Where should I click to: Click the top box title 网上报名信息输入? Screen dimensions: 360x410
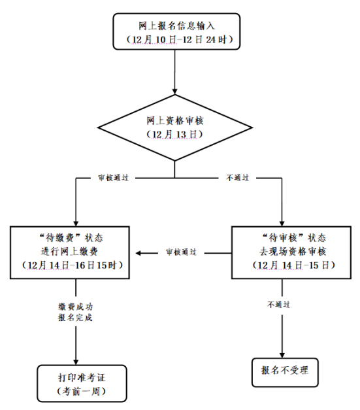(176, 26)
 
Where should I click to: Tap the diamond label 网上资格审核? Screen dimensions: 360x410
(175, 121)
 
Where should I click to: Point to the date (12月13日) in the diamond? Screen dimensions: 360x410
(174, 135)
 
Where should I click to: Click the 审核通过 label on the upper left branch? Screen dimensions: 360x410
(114, 178)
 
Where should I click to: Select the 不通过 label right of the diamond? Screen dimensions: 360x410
(237, 178)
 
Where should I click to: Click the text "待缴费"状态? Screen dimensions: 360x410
(71, 237)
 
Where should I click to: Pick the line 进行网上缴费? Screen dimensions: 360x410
(69, 251)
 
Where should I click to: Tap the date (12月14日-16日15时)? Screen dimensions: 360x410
(72, 265)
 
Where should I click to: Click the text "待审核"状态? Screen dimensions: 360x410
(293, 237)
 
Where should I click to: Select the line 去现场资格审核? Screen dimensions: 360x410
(293, 251)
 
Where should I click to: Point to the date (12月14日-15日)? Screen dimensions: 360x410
(293, 265)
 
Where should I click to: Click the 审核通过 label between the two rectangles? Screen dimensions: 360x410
(181, 252)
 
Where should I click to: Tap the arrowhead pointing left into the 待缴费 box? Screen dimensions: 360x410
(139, 253)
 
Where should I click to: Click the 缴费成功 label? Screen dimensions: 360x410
(76, 307)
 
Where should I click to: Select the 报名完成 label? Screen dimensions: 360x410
(76, 318)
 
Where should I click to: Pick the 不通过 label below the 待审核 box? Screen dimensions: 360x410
(278, 304)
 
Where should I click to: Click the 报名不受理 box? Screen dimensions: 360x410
(285, 372)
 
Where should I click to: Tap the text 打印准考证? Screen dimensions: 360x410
(82, 377)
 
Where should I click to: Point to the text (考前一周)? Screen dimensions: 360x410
(82, 391)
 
